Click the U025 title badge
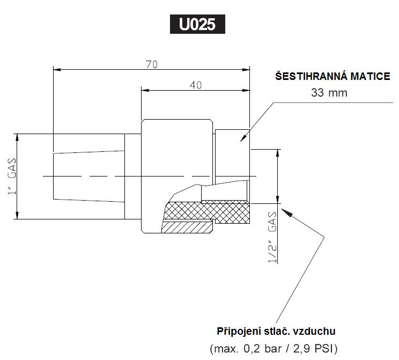tap(197, 24)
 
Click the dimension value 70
tap(151, 64)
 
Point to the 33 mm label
tap(329, 93)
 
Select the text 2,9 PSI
tap(314, 348)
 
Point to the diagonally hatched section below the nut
tap(185, 227)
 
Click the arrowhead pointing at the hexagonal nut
tap(243, 139)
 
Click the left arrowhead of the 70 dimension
tap(56, 69)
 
